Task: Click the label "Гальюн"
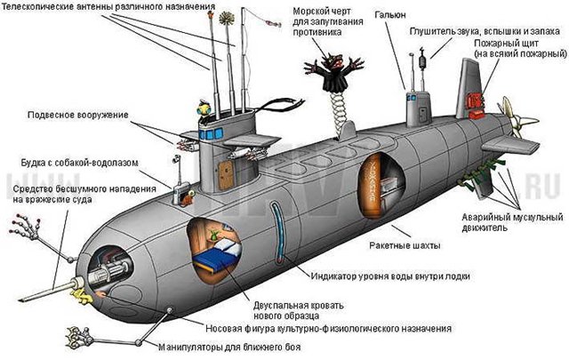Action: point(389,16)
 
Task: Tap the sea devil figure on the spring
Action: point(334,73)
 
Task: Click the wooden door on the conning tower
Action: point(226,175)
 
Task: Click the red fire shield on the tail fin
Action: point(477,105)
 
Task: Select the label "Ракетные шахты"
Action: point(405,245)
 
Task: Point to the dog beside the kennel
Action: point(188,198)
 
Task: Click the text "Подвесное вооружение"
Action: point(78,115)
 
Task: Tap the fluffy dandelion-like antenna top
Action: point(227,19)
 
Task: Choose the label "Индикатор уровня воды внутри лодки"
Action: point(390,276)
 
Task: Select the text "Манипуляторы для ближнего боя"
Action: point(229,348)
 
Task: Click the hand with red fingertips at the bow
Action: point(26,226)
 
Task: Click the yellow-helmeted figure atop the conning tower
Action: point(204,108)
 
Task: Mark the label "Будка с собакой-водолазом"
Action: point(80,163)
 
